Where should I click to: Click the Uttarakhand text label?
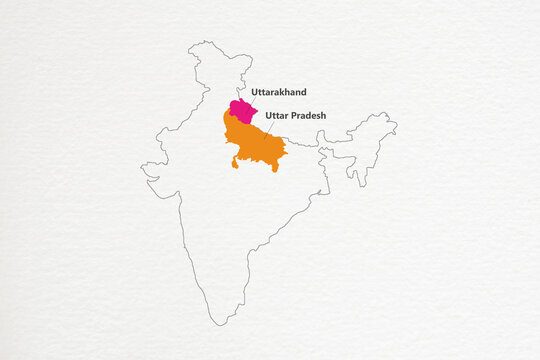(x=279, y=92)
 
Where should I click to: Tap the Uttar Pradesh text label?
(x=296, y=115)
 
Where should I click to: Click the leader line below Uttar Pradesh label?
(x=267, y=131)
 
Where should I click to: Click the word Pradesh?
(x=307, y=115)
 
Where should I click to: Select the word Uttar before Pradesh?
(x=277, y=115)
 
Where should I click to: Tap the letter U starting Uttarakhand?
(x=255, y=92)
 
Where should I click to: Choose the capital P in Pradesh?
(x=292, y=115)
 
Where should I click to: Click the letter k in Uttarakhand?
(x=284, y=92)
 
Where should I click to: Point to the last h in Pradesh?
(x=323, y=115)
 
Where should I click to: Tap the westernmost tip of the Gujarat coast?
(x=143, y=168)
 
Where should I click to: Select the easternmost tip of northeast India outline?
(x=396, y=125)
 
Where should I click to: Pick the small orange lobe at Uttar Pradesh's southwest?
(x=235, y=163)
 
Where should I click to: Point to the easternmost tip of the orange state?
(x=287, y=151)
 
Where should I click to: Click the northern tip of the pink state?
(x=238, y=99)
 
